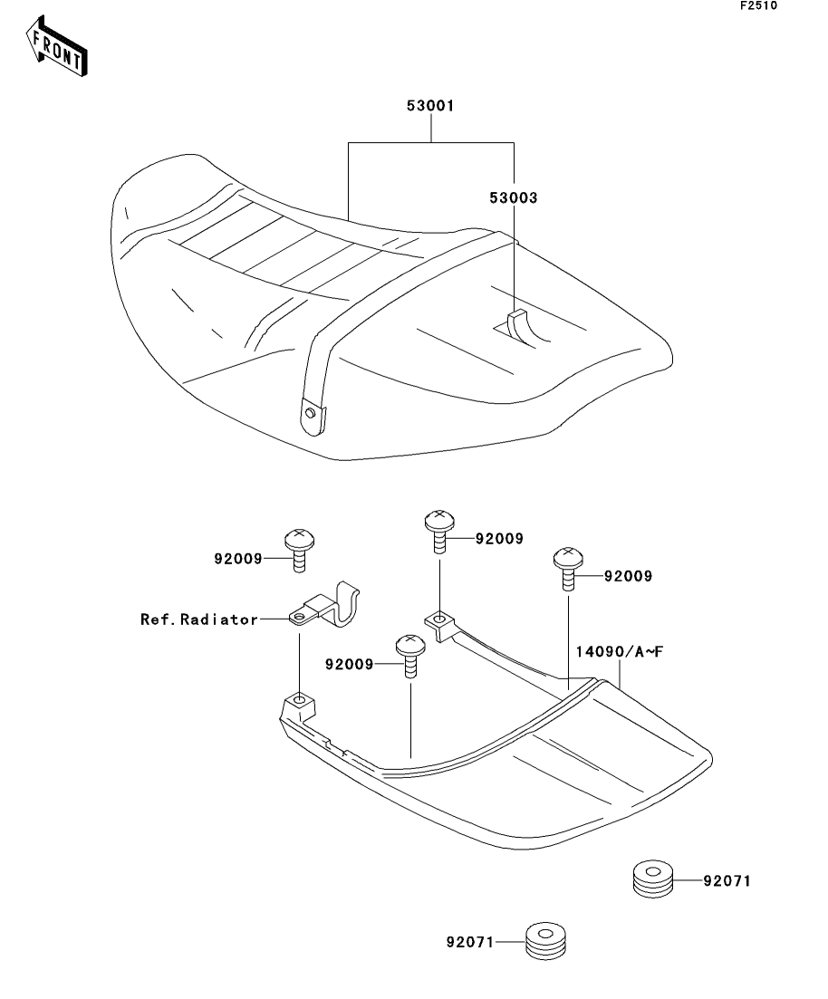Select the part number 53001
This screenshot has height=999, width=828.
click(x=430, y=106)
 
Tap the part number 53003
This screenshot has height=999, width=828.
click(x=514, y=196)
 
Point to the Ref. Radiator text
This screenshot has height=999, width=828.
click(x=198, y=620)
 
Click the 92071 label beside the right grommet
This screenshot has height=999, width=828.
click(x=727, y=879)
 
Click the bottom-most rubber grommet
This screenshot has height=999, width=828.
click(x=546, y=941)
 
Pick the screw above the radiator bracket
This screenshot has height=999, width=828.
click(x=298, y=549)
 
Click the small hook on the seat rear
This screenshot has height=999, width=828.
click(x=517, y=325)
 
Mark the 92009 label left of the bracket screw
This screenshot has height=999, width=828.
click(x=238, y=560)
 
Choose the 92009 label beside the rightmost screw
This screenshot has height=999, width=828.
click(x=628, y=575)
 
